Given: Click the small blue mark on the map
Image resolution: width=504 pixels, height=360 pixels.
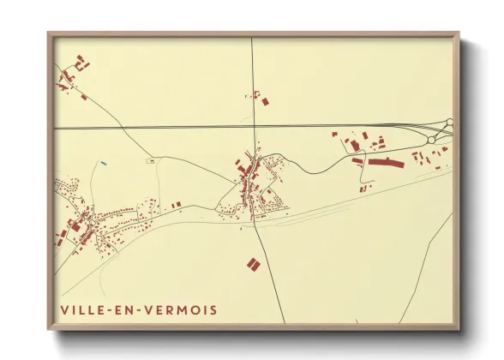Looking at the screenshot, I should pyautogui.click(x=103, y=163).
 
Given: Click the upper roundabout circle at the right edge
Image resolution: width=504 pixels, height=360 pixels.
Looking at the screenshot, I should pyautogui.click(x=450, y=123).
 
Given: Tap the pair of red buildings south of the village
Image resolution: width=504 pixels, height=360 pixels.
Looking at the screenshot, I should pyautogui.click(x=253, y=264).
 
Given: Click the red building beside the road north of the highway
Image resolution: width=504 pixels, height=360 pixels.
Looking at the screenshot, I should pyautogui.click(x=264, y=101).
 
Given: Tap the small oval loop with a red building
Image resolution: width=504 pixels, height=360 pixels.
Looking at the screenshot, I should pyautogui.click(x=152, y=159).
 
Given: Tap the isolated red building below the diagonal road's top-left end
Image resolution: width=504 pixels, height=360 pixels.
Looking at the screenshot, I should pyautogui.click(x=83, y=97).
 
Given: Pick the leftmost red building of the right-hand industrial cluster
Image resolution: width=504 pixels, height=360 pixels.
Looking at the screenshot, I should pyautogui.click(x=335, y=135).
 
